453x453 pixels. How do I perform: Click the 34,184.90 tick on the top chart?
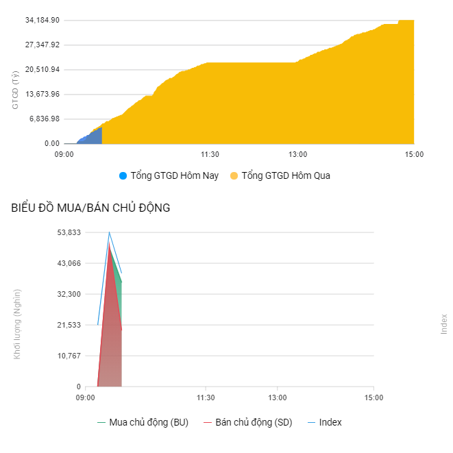pos(42,21)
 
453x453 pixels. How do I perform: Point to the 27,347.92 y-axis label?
pos(42,45)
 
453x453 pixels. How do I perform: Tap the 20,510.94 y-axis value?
pos(42,70)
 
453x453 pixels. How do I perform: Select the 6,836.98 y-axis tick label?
pos(45,119)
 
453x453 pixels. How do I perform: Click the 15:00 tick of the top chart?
pos(414,154)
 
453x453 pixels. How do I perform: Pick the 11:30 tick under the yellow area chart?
pos(210,154)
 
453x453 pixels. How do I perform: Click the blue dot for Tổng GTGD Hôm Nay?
pos(123,176)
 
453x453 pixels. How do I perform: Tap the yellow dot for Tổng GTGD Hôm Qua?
pos(234,176)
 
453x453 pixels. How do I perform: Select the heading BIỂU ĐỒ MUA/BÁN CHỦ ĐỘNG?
pos(90,208)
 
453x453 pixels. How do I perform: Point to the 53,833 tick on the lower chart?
pos(68,233)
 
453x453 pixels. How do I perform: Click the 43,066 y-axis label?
pos(68,264)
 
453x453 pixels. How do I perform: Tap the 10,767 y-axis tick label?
pos(68,356)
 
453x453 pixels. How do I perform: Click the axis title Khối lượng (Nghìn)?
pos(17,323)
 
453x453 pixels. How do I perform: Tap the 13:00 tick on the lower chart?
pos(278,397)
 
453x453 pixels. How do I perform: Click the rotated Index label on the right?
pos(444,323)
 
